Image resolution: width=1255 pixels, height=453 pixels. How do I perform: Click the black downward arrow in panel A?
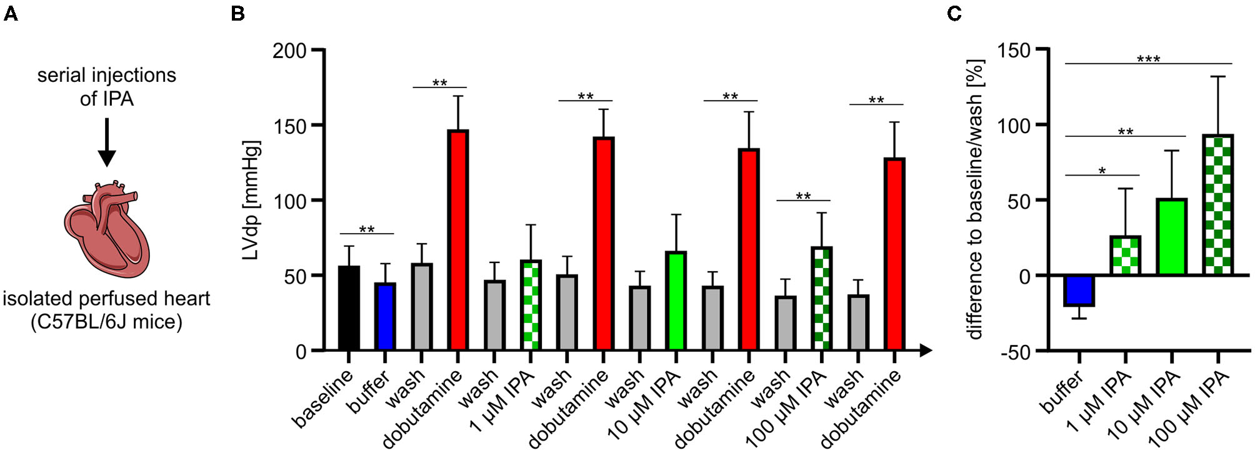coord(107,142)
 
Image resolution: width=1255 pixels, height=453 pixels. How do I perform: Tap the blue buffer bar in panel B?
coord(385,317)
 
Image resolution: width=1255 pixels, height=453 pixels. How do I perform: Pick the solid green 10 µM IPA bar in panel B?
coord(676,301)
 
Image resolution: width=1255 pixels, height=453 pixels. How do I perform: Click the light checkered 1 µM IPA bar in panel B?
coord(531,306)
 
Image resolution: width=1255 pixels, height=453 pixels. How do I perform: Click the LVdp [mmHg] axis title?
coord(251,200)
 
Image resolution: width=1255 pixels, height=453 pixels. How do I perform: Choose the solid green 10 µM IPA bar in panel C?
coord(1172,237)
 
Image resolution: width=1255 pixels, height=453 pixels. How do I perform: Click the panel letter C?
coord(954,13)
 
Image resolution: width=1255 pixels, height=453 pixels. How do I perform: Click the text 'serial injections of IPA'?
coord(107,87)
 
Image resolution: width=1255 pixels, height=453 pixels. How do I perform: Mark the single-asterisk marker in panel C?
coord(1102,171)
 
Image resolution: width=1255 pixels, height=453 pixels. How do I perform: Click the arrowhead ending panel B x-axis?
coord(926,351)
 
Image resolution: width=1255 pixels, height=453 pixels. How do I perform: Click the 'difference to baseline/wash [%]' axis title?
coord(976,200)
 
